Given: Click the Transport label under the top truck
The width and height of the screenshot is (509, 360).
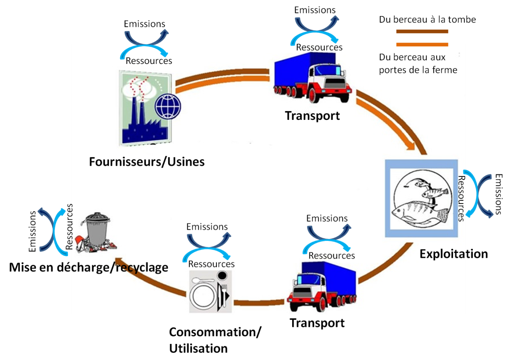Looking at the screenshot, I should (312, 116).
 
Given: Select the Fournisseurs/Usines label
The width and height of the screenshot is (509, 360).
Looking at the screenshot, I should (147, 162).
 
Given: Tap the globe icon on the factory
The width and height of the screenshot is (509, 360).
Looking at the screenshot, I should (168, 107).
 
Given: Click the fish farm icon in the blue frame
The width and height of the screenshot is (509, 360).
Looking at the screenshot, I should (421, 198).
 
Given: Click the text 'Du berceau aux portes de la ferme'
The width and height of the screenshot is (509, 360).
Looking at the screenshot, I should (418, 64).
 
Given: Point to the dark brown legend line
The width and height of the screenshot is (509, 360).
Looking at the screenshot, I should (422, 31).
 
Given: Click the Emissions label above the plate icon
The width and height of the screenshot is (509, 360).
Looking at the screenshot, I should (207, 227).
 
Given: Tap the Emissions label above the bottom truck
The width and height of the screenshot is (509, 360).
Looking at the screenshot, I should (327, 218).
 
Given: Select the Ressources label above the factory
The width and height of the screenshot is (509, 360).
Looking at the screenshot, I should (149, 61).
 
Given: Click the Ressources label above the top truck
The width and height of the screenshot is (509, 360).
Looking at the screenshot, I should (319, 47).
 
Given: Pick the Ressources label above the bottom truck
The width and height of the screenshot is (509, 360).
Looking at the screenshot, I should (332, 256).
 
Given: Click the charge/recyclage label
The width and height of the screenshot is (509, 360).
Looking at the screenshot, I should (120, 267).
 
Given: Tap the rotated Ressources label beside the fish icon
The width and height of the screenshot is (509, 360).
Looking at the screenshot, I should (461, 198).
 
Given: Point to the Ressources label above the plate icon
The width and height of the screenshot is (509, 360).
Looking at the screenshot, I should (211, 264).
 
